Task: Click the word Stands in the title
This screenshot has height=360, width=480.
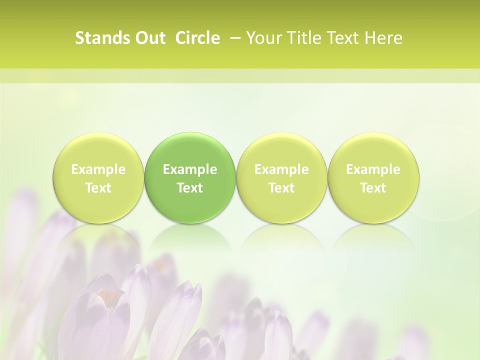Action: pos(99,38)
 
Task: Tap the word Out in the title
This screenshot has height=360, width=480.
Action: pos(148,38)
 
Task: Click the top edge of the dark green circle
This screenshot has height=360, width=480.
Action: pos(190,133)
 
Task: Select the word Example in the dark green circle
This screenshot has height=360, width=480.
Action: pos(190,169)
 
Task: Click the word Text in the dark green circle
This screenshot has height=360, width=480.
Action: pos(190,188)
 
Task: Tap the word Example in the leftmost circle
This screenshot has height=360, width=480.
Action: pos(98,169)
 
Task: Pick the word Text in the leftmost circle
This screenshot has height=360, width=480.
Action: pos(98,188)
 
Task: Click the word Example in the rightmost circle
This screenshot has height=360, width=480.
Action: pos(373,169)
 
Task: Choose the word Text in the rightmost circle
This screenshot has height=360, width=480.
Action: pos(373,188)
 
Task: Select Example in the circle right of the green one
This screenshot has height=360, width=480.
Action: pos(281,169)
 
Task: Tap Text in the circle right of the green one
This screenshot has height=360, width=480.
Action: pos(281,188)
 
